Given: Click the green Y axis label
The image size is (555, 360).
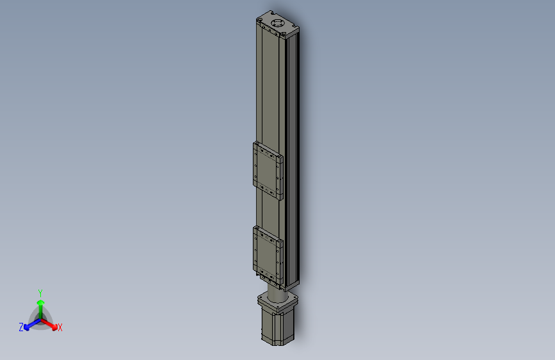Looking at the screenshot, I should [x=40, y=291].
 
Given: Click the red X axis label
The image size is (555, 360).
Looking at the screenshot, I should [x=60, y=328].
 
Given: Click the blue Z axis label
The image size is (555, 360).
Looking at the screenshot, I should [x=21, y=327].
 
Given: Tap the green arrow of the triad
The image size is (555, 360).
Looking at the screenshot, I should [x=40, y=304].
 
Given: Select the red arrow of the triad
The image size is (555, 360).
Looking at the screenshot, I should [x=52, y=323].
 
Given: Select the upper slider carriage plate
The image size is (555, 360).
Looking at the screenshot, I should [x=268, y=170].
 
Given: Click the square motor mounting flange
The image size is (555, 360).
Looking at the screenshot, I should [x=277, y=300].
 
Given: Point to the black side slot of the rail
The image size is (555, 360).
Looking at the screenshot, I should [x=294, y=160].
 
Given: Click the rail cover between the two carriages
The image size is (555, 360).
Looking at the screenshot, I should [x=269, y=211].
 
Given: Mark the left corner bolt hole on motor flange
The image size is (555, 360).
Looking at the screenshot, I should [x=261, y=297].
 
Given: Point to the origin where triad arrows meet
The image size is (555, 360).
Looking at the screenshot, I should [x=40, y=318].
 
